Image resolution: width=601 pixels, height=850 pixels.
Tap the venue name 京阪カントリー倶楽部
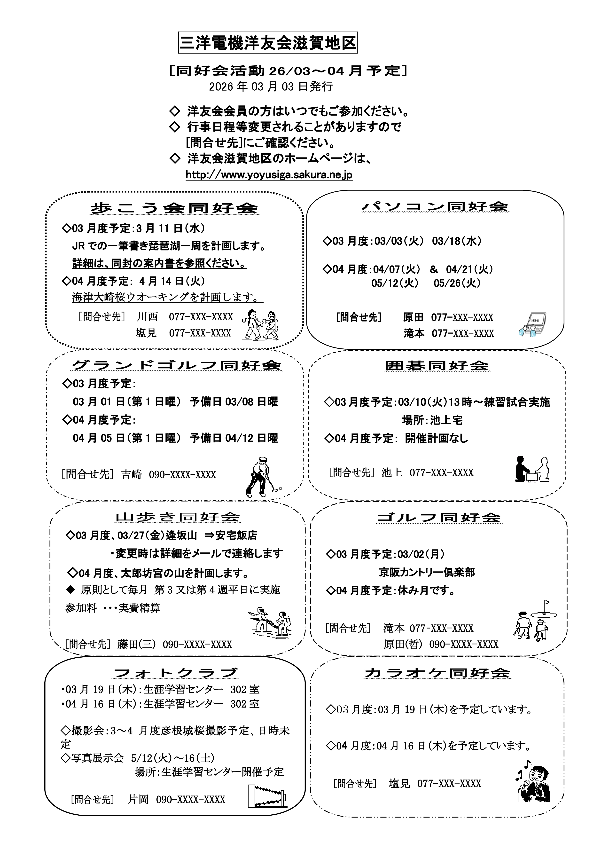point(427,572)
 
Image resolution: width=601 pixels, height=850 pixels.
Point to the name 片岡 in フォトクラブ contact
point(138,799)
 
